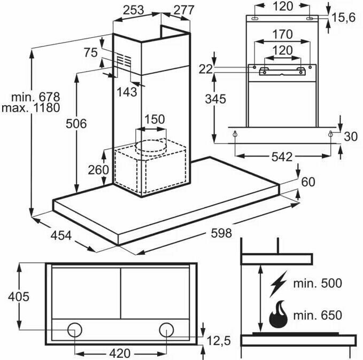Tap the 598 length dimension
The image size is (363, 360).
221,233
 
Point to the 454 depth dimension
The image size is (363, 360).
55,235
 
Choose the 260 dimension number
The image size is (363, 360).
98,170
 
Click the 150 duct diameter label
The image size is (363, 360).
154,119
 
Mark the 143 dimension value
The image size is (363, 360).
126,92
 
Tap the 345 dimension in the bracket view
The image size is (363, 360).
214,98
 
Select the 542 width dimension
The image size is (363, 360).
281,156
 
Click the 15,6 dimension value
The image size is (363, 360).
344,18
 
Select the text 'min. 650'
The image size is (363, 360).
317,315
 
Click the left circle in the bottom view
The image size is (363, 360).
75,328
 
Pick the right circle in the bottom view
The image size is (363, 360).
167,328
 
